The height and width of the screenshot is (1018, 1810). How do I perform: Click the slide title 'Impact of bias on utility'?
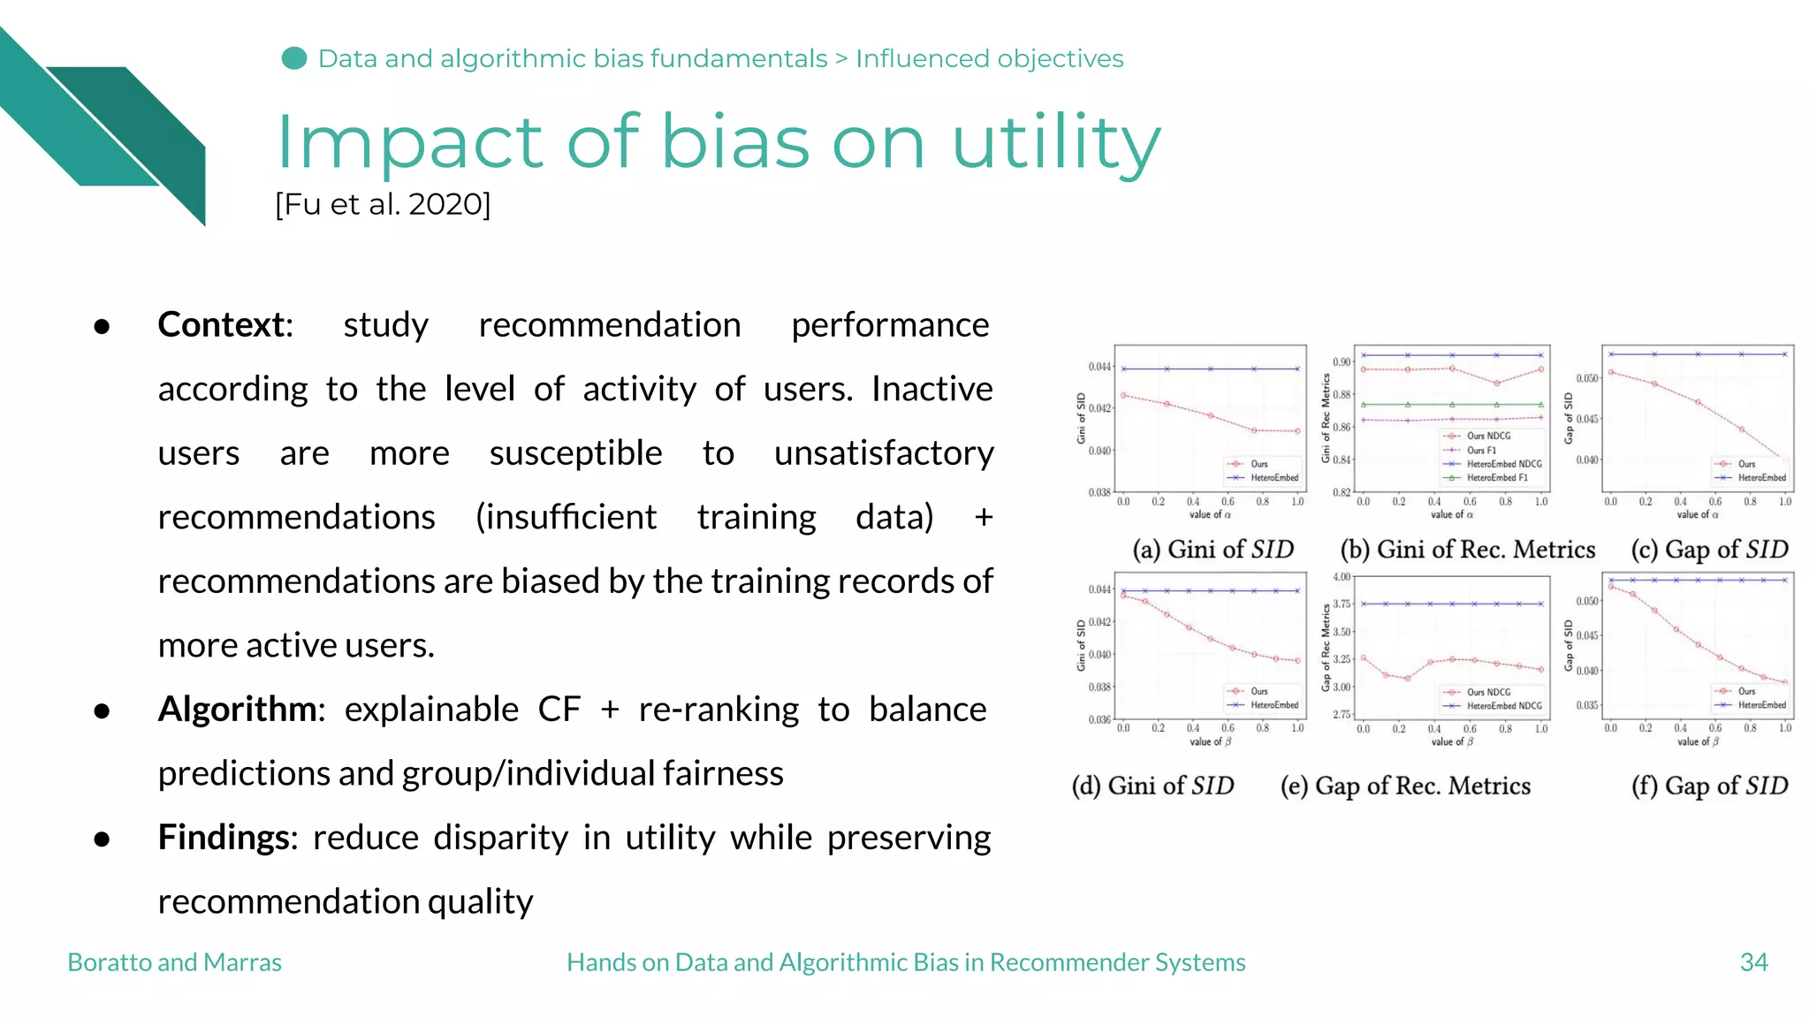(718, 143)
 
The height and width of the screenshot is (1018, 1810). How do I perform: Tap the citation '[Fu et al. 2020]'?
(383, 204)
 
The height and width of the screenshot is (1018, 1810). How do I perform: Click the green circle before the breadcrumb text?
(293, 58)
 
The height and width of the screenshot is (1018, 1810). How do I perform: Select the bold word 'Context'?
(223, 325)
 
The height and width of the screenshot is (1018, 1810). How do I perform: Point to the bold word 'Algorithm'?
(238, 710)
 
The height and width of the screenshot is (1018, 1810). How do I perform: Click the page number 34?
(1753, 962)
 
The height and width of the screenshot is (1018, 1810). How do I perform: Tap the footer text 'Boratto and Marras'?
(174, 962)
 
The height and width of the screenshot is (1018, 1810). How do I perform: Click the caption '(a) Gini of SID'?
(1213, 550)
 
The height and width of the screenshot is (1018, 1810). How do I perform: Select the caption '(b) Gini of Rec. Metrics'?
(1468, 550)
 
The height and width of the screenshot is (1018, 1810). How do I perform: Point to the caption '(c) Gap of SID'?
(1709, 550)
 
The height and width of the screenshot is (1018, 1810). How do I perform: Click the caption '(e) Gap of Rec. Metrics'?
(1405, 786)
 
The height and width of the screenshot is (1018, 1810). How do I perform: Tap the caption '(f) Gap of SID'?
(1709, 786)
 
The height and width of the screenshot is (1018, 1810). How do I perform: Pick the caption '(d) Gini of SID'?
(1152, 786)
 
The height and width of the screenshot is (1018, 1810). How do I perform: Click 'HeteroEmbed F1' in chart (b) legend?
(1497, 478)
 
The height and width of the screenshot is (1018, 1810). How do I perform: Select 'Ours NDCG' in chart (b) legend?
(1488, 436)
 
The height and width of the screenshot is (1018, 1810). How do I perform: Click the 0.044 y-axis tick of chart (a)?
(1099, 367)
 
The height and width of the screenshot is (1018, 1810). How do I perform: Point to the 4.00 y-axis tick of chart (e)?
(1342, 577)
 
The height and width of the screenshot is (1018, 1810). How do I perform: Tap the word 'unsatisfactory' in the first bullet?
(884, 453)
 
